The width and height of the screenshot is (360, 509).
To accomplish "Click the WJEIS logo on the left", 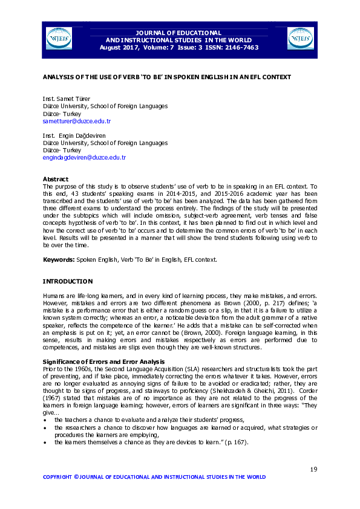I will pos(59,39).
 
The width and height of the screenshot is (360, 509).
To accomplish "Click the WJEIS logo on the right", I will pos(300,39).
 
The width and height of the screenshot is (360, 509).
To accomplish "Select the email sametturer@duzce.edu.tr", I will pos(76,121).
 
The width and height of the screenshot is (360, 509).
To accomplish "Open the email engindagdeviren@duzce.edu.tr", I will pos(83,157).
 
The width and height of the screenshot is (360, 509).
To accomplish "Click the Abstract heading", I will pos(56,179).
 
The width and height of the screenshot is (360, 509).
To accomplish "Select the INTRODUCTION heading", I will pos(67,281).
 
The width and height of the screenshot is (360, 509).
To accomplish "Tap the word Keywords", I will pos(58,259).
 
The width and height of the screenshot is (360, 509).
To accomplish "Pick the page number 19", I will pos(313,470).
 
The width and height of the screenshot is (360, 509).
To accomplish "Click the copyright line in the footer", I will pos(154,477).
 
